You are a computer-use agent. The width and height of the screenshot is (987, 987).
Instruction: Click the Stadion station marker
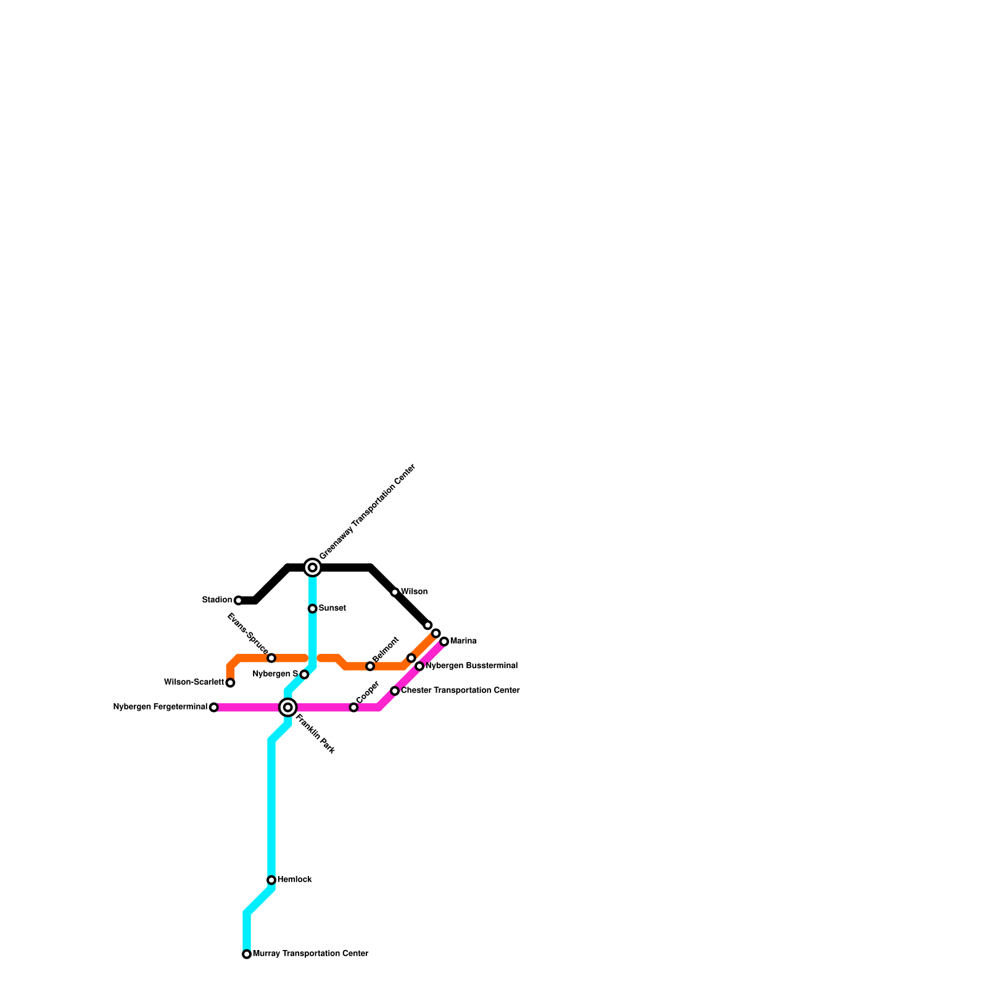click(238, 600)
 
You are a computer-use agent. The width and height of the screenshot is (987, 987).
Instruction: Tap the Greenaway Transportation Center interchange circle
click(313, 567)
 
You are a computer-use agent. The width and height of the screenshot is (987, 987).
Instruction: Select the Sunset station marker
click(313, 609)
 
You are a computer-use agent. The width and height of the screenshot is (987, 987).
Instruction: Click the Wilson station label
click(415, 592)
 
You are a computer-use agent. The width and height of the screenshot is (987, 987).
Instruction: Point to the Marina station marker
click(444, 642)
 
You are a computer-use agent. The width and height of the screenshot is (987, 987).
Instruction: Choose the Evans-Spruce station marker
click(271, 658)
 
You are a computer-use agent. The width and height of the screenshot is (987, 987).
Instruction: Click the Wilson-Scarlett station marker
click(230, 683)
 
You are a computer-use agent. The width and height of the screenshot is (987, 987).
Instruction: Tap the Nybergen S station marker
click(304, 674)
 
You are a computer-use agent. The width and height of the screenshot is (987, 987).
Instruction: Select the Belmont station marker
click(370, 666)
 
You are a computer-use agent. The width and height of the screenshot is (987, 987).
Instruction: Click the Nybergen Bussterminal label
click(472, 666)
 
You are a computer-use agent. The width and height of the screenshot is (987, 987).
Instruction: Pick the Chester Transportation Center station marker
click(395, 691)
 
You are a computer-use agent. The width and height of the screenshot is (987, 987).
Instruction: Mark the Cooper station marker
click(353, 708)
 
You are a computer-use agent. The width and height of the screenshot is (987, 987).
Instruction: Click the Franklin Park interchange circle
click(288, 707)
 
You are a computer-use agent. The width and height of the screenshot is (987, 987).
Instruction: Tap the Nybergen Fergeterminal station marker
click(214, 708)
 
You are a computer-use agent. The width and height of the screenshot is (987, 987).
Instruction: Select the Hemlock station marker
click(271, 880)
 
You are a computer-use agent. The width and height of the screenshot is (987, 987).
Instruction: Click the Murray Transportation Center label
click(311, 954)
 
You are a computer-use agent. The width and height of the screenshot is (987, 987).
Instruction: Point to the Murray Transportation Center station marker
click(247, 954)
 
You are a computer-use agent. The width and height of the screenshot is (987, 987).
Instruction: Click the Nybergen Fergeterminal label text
click(160, 707)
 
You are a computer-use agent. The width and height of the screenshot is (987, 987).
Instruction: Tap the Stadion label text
click(217, 600)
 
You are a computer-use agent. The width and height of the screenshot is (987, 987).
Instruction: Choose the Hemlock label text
click(295, 880)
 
